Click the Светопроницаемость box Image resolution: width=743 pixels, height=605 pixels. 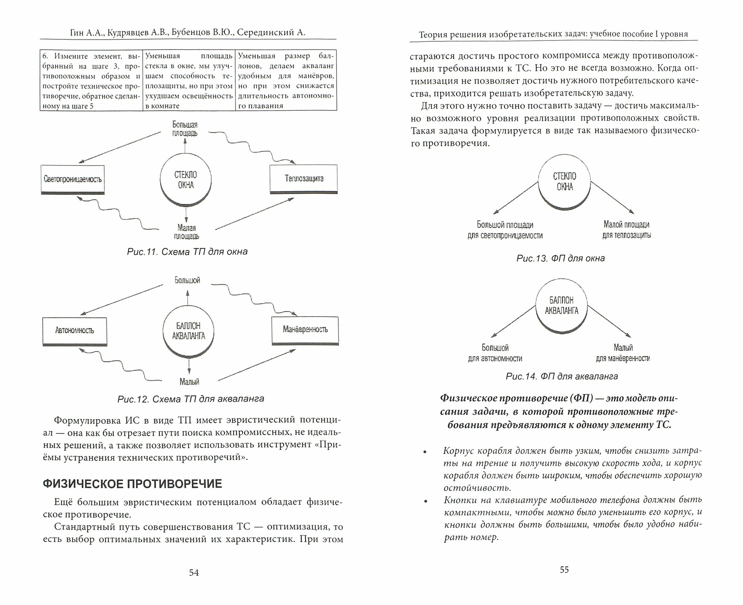[x=72, y=179]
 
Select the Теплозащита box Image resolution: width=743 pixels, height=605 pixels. [x=304, y=179]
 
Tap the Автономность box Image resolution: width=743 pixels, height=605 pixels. [x=75, y=330]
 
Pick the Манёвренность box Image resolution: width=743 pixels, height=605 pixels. [x=305, y=330]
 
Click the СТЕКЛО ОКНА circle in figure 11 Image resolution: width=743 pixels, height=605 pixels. [x=186, y=180]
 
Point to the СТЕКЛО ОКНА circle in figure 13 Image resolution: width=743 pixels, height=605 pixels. [x=564, y=182]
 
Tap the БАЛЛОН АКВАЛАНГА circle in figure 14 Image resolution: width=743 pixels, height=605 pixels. [x=561, y=305]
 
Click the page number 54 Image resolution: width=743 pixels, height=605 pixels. [x=194, y=573]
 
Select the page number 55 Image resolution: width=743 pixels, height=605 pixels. [x=564, y=570]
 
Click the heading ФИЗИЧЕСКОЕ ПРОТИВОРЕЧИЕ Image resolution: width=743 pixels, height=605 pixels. [x=133, y=484]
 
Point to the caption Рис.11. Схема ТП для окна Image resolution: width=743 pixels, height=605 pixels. [x=187, y=252]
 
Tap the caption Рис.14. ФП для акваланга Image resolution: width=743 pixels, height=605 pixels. [x=562, y=376]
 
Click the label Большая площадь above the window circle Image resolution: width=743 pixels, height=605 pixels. [x=185, y=129]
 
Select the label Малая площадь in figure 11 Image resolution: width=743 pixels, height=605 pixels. [x=186, y=232]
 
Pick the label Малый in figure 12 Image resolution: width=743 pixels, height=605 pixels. [x=189, y=382]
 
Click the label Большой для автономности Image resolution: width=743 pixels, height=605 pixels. [x=495, y=353]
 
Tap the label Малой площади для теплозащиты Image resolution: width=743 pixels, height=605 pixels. [x=626, y=230]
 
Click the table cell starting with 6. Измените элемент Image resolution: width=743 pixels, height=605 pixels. [x=91, y=81]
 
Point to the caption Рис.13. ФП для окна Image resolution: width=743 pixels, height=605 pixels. [x=561, y=258]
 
